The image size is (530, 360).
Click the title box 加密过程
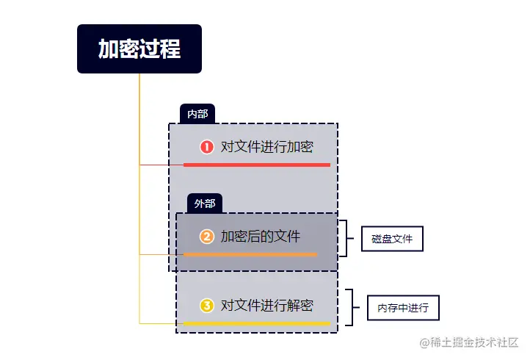(139, 49)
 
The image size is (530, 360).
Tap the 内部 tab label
(197, 114)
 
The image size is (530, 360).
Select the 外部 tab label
(205, 204)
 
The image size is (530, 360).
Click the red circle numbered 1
(207, 147)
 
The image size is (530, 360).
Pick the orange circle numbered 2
(207, 237)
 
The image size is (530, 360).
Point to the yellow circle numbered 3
(207, 305)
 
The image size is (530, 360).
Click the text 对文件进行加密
(266, 147)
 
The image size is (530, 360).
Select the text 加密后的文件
(261, 237)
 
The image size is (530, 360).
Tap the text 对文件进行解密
(266, 305)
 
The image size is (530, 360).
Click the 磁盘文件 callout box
(392, 239)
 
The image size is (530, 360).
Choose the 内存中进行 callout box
(403, 308)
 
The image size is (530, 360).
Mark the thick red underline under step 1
(257, 165)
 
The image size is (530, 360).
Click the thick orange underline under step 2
(250, 254)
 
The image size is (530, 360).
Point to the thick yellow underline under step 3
(257, 323)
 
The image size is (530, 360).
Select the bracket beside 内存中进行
(353, 308)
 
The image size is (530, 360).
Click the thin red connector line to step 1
(161, 165)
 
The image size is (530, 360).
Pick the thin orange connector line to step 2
(161, 254)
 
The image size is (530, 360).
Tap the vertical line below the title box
(139, 110)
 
